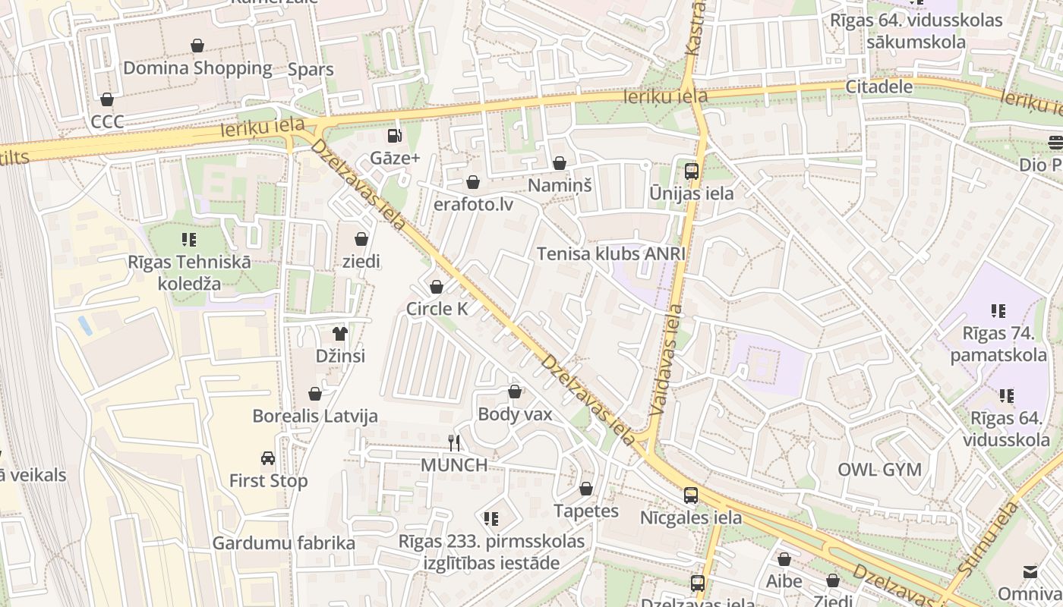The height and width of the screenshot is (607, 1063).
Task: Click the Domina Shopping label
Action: [x=197, y=68]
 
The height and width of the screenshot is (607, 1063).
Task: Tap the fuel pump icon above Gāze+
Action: [x=394, y=136]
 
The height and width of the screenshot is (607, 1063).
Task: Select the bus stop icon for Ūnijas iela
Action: [x=691, y=171]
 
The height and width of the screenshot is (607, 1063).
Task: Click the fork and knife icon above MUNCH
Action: [x=454, y=443]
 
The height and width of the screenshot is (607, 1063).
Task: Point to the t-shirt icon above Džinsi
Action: [x=339, y=334]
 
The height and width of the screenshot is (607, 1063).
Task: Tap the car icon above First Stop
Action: [x=268, y=458]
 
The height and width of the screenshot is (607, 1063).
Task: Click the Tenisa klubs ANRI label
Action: [x=611, y=253]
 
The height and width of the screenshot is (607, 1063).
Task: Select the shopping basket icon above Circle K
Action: [x=437, y=287]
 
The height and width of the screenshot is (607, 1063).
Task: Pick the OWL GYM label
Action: [x=879, y=470]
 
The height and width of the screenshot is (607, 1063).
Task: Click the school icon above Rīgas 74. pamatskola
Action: [x=998, y=310]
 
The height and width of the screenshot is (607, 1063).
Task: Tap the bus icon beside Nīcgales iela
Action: [x=690, y=495]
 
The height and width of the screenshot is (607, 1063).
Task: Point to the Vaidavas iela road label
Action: [x=665, y=360]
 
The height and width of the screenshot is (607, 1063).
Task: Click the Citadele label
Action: [x=879, y=86]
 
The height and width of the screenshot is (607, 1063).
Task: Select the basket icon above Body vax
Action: [x=515, y=392]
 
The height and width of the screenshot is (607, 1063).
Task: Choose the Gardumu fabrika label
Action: [x=283, y=543]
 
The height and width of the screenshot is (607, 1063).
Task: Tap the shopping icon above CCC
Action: [x=107, y=99]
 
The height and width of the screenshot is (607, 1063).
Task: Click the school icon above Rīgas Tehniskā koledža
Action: [x=189, y=241]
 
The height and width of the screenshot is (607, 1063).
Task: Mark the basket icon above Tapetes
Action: [x=585, y=489]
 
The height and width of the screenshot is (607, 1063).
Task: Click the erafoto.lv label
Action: [x=473, y=204]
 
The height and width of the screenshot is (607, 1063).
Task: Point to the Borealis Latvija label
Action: [x=314, y=417]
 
